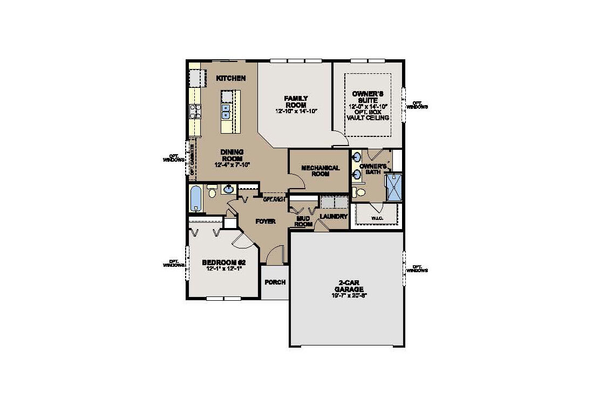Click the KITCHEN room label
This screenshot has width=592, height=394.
231,78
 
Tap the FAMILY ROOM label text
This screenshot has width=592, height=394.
296,101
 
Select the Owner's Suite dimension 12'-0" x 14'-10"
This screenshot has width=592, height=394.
369,106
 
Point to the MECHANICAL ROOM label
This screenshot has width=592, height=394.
320,171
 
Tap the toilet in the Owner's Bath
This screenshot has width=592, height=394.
358,192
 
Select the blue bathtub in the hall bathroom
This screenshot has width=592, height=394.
196,199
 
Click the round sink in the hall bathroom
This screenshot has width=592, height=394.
229,189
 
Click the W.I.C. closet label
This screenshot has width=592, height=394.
377,218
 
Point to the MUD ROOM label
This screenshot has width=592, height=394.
304,221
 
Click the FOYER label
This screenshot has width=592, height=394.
266,222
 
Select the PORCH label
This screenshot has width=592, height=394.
275,282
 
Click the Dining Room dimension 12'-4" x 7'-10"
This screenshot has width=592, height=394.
232,164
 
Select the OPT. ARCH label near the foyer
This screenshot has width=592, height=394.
274,199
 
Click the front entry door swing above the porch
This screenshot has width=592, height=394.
275,255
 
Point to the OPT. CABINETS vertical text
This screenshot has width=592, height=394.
192,159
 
